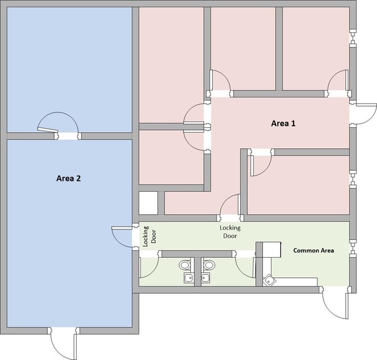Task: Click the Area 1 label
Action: (x=283, y=123)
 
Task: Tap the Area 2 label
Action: (x=69, y=179)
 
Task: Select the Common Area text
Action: (x=313, y=250)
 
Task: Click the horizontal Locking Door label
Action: (x=230, y=231)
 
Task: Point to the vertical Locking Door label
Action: (x=150, y=236)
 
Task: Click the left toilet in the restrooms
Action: (x=185, y=266)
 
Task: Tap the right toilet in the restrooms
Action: (x=210, y=266)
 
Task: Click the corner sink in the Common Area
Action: (x=270, y=280)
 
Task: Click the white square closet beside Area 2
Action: (x=148, y=203)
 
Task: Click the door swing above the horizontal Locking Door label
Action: (x=230, y=206)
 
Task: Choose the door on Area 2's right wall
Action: (x=123, y=236)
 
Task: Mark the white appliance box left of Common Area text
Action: (x=267, y=249)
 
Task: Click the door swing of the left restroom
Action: (x=149, y=267)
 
